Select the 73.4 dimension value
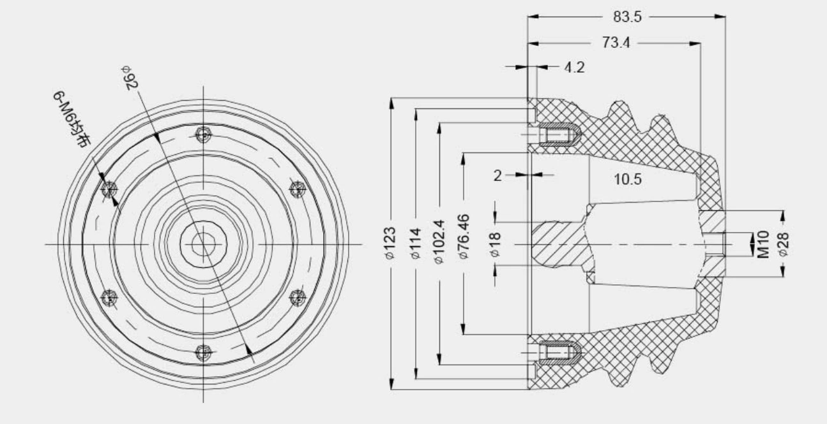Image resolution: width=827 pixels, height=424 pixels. tap(616, 43)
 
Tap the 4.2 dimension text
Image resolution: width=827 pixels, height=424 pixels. tap(574, 67)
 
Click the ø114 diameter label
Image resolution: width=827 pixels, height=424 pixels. tap(416, 244)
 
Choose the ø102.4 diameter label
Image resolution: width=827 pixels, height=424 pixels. tap(439, 244)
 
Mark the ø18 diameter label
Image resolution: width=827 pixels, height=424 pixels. tap(496, 244)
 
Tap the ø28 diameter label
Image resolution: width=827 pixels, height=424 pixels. tap(784, 244)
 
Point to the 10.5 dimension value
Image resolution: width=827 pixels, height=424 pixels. tap(628, 180)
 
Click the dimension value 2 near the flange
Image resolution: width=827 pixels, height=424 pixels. tap(498, 176)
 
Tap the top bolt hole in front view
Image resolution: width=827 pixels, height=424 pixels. tap(204, 135)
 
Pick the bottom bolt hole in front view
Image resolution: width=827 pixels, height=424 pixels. tap(204, 351)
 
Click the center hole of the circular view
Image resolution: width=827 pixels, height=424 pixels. tap(203, 243)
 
